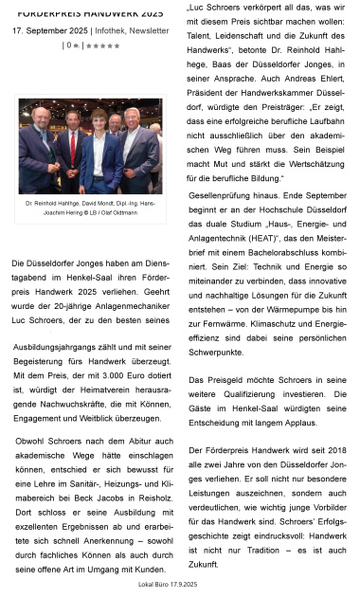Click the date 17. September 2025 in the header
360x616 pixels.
tap(50, 30)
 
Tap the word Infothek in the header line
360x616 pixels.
tap(115, 30)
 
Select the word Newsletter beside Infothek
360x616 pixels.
tap(156, 30)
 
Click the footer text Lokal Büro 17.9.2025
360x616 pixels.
tap(168, 585)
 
